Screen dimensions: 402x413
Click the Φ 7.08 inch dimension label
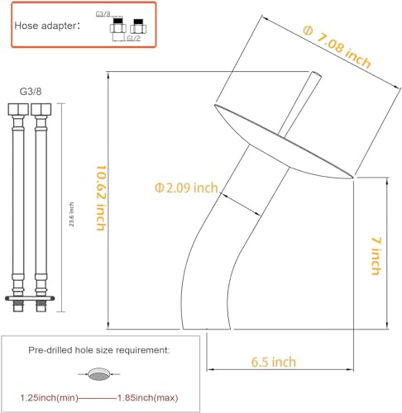click(337, 46)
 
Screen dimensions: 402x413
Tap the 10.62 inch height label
click(101, 197)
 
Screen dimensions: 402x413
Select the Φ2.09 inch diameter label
click(186, 188)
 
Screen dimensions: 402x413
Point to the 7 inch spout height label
click(376, 256)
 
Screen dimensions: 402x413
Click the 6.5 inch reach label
click(274, 362)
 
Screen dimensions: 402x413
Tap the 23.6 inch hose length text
click(71, 214)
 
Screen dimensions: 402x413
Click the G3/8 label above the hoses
click(31, 92)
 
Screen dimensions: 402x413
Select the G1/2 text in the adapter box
click(134, 38)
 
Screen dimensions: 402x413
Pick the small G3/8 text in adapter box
click(103, 14)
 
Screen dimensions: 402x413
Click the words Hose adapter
click(45, 26)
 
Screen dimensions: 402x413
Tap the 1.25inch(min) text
click(49, 397)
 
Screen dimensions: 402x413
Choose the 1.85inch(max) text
click(148, 397)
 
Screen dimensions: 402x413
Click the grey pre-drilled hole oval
click(99, 374)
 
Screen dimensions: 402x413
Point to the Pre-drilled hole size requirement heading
click(99, 350)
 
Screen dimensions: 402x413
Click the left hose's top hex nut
click(18, 109)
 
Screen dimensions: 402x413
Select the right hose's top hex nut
click(41, 109)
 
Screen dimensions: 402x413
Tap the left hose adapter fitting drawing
click(118, 26)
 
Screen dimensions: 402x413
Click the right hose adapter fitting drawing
click(138, 26)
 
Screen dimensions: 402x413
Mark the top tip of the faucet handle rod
click(317, 74)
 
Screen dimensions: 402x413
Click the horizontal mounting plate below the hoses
click(30, 298)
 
